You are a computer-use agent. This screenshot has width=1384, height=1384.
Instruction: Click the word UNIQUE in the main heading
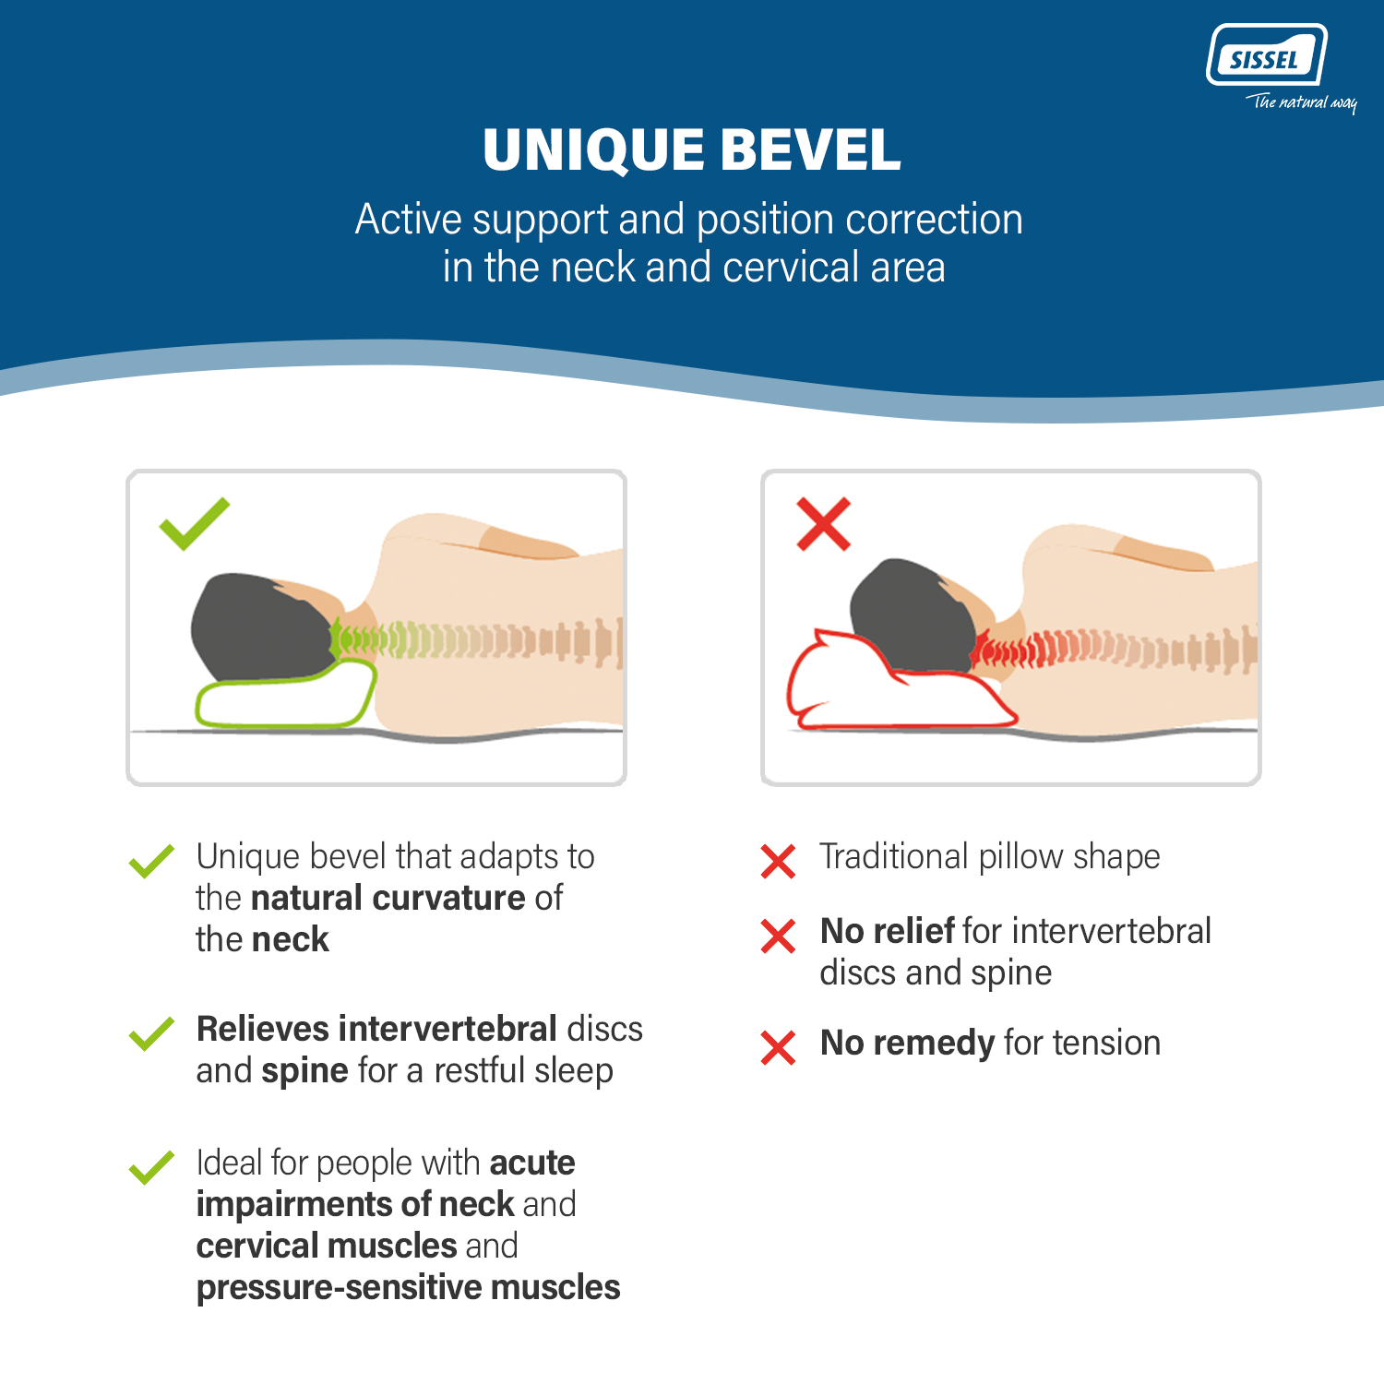tap(593, 149)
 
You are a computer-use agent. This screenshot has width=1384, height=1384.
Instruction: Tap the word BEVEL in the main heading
tap(809, 149)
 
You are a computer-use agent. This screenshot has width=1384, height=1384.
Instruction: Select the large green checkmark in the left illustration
tap(194, 523)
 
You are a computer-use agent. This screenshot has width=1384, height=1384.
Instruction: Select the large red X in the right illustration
tap(823, 524)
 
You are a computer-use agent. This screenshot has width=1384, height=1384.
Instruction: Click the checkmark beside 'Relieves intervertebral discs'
tap(151, 1033)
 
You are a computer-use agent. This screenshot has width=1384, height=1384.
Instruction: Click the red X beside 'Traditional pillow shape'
tap(778, 861)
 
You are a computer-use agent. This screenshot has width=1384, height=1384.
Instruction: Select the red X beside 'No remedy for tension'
tap(778, 1047)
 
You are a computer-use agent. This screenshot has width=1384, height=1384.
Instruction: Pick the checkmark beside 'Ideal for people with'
tap(151, 1167)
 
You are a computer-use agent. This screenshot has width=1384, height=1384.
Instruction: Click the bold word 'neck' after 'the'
tap(290, 939)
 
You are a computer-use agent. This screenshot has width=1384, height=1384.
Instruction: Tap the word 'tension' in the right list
tap(1107, 1043)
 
